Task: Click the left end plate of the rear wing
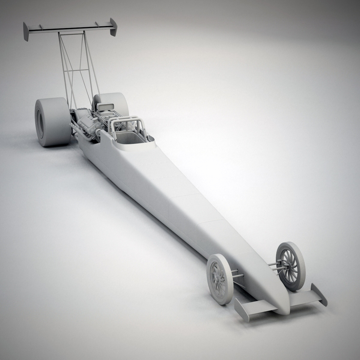[26, 32]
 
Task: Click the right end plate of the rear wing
[113, 27]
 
